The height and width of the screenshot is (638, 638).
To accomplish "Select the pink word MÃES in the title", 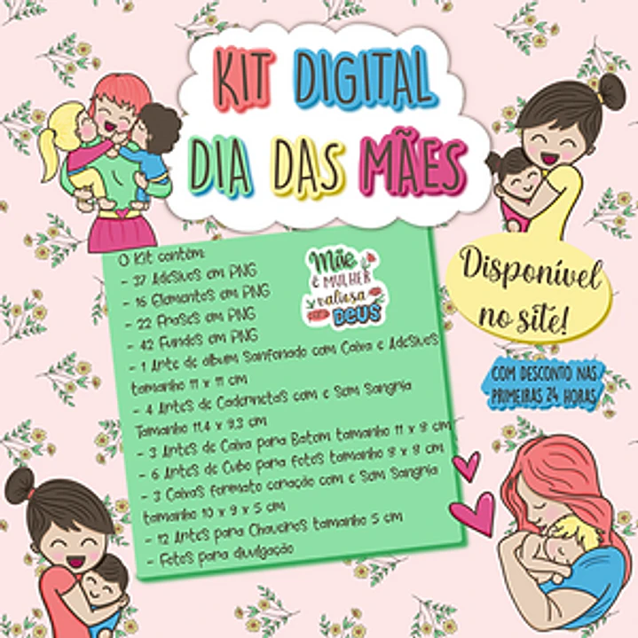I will tap(413, 166).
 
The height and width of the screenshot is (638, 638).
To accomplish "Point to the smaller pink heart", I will tap(465, 464).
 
